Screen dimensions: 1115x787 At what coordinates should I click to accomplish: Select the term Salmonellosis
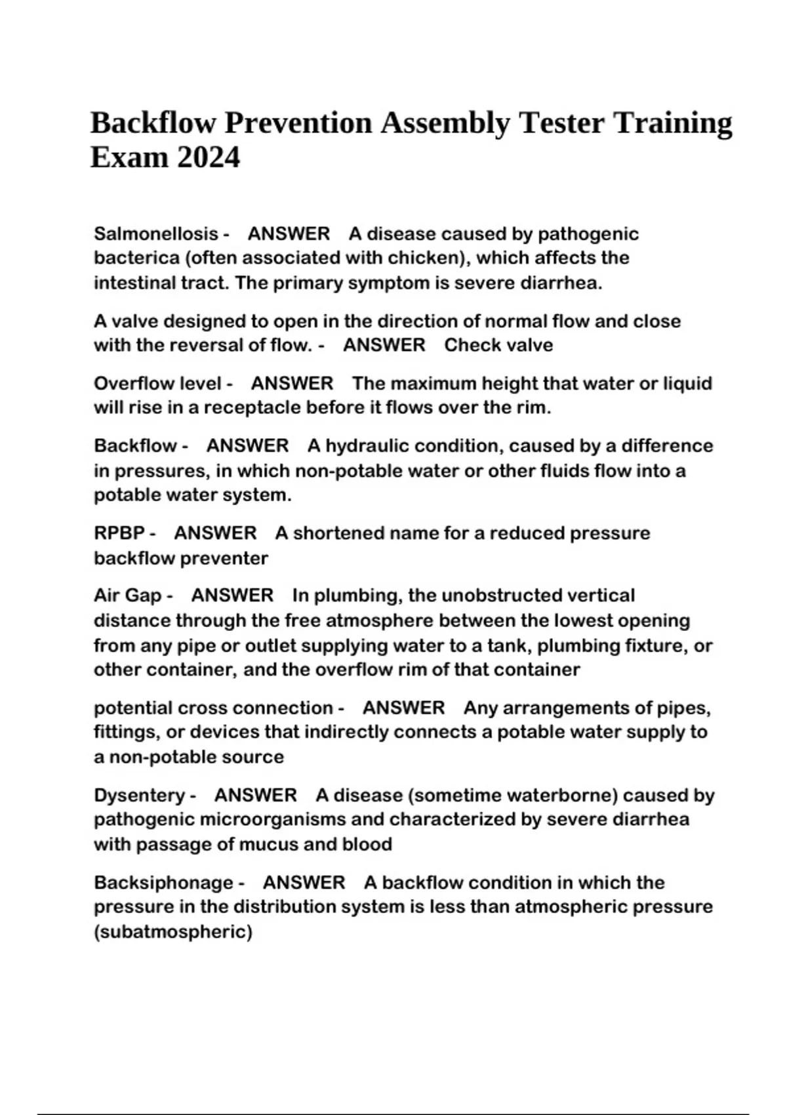[x=155, y=233]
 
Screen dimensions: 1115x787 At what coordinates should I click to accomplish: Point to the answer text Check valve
[x=498, y=345]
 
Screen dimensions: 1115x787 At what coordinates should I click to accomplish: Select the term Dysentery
[x=140, y=796]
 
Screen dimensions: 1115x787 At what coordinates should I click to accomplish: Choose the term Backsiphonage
[x=163, y=883]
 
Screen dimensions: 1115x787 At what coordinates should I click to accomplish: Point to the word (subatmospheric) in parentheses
[x=173, y=932]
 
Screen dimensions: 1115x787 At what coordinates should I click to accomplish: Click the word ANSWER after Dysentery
[x=256, y=796]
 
